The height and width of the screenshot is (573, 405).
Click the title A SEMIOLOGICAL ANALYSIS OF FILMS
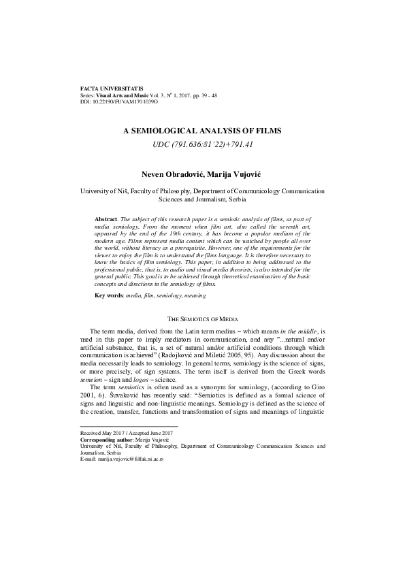pos(202,129)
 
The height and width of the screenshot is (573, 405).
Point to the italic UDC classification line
pos(202,144)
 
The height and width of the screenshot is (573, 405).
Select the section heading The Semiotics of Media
pos(202,318)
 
